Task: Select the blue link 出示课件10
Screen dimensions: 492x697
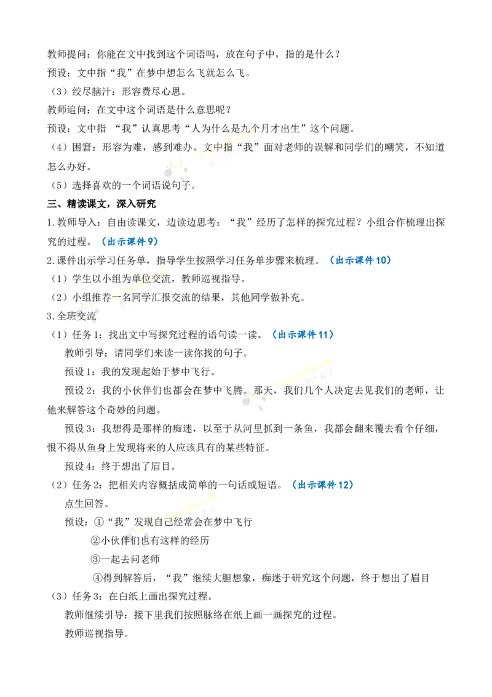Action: coord(360,260)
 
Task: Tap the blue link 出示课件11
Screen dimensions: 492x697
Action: coord(303,334)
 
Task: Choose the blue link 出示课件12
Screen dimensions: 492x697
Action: coord(322,485)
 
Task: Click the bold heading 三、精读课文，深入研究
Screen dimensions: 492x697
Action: coord(101,204)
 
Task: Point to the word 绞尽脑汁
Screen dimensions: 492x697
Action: coord(87,92)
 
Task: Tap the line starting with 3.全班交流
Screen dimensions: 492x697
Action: coord(71,316)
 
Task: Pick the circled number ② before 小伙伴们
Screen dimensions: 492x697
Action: coord(95,541)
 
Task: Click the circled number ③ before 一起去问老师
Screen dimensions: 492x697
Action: coord(95,559)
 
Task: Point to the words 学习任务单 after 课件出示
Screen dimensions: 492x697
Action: coord(121,260)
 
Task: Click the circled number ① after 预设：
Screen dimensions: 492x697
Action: coord(99,522)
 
